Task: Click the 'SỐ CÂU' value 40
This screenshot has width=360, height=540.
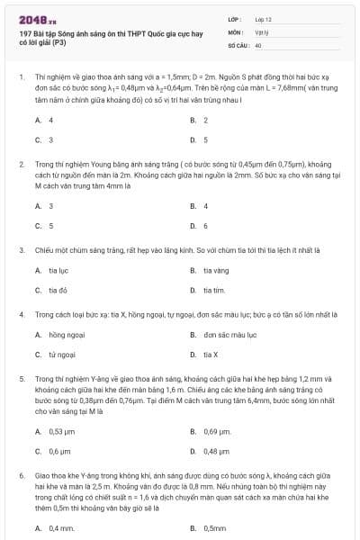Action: [258, 44]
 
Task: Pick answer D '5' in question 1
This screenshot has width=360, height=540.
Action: [204, 139]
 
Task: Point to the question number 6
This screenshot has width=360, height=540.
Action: [21, 473]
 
